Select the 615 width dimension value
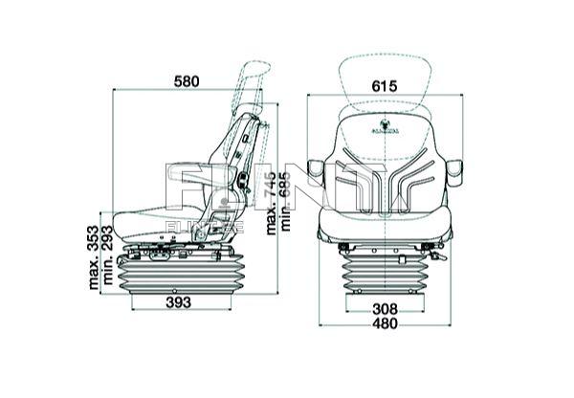pos(384,86)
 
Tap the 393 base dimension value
pos(172,302)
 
